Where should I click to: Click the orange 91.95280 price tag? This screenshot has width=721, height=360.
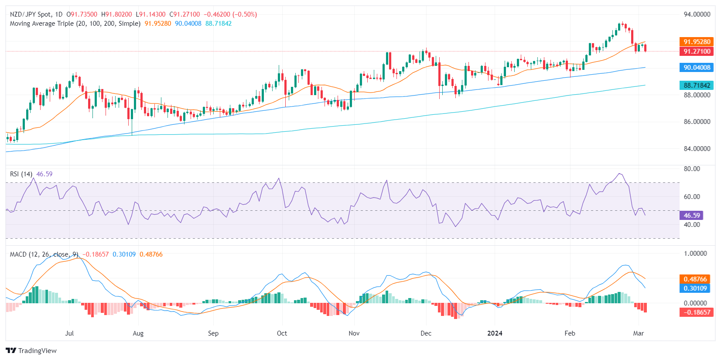coord(697,42)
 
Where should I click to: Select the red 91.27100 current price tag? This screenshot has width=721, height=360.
coord(697,51)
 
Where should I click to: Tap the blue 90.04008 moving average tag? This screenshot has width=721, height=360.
coord(697,68)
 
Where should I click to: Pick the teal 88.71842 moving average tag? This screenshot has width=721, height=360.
coord(697,86)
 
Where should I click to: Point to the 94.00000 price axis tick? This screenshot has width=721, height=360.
coord(697,14)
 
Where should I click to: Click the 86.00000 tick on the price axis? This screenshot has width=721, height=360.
coord(697,122)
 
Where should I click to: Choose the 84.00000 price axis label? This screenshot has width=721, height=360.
coord(697,149)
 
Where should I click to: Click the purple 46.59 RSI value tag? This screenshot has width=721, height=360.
coord(691,216)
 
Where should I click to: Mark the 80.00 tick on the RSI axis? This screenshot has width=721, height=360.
coord(692,169)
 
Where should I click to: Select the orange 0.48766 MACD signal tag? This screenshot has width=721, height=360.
coord(695,279)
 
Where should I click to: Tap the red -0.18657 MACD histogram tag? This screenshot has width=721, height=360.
coord(697,312)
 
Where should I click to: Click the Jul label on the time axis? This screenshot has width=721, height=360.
coord(69,333)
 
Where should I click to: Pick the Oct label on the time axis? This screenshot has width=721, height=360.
coord(282,333)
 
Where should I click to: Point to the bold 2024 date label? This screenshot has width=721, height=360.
coord(495,333)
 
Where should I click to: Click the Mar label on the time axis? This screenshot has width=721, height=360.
coord(638,333)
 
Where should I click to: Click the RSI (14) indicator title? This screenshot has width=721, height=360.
coord(21,174)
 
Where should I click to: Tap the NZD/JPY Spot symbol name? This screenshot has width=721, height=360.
coord(30,14)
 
